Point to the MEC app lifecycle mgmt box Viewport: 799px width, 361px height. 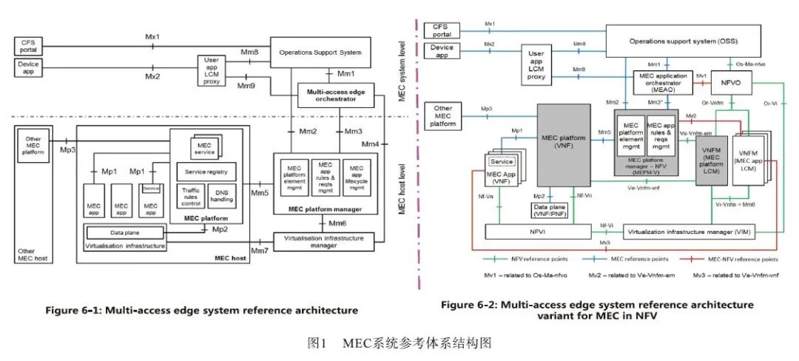(x=357, y=176)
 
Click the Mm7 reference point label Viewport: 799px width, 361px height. (x=259, y=250)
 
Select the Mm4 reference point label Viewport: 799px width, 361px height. (x=371, y=143)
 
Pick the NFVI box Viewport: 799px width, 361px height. (x=538, y=232)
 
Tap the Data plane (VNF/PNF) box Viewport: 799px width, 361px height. (x=548, y=210)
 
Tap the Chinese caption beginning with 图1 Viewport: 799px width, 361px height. (x=399, y=343)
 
